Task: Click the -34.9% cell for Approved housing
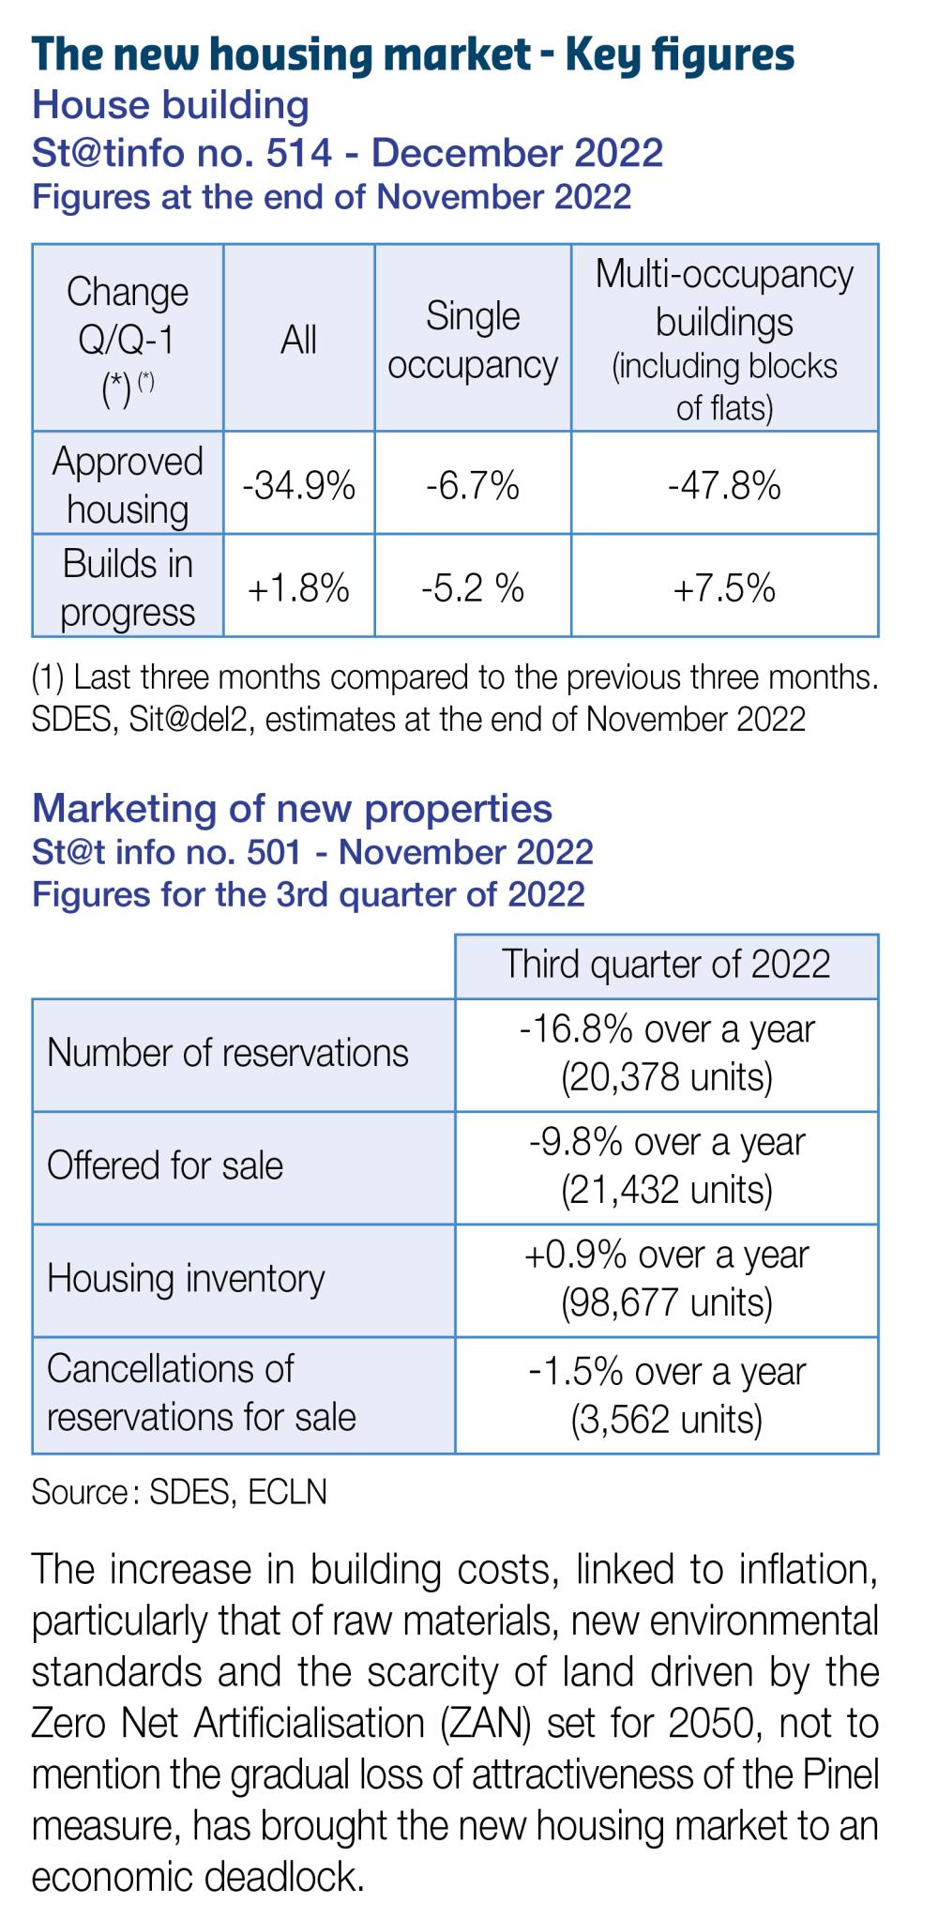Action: click(298, 486)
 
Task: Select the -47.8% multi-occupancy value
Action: click(724, 486)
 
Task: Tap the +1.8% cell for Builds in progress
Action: click(298, 588)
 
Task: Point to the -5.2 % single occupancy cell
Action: click(473, 588)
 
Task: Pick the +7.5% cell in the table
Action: click(724, 588)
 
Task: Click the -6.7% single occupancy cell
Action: click(473, 486)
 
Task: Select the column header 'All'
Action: click(298, 340)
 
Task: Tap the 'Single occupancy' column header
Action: click(473, 340)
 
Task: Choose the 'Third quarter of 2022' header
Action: click(666, 965)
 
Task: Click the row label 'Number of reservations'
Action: click(228, 1053)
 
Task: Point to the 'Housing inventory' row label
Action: click(186, 1278)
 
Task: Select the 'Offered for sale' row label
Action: click(165, 1165)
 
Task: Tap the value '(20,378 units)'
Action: click(666, 1077)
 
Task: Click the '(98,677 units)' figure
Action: click(666, 1302)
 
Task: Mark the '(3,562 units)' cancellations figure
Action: click(666, 1419)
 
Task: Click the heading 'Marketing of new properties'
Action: click(293, 808)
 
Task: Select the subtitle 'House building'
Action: click(171, 105)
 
